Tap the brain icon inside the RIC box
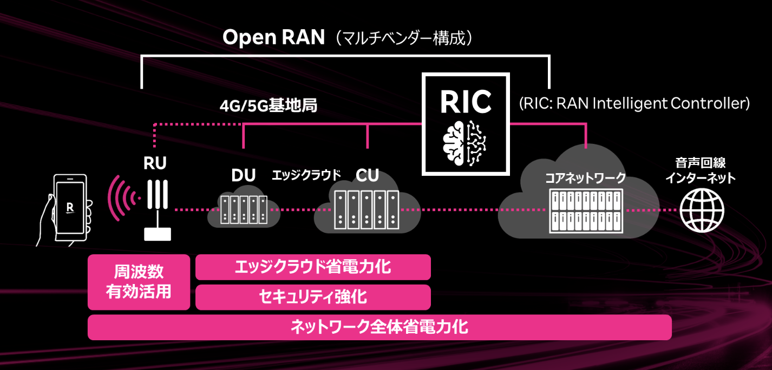(x=464, y=143)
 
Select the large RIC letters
(x=466, y=102)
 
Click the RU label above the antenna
(x=155, y=163)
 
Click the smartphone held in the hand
(x=70, y=208)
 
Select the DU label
(x=243, y=175)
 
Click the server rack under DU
(x=244, y=210)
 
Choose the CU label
(x=367, y=175)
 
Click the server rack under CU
(x=367, y=210)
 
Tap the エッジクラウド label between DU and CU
(x=306, y=175)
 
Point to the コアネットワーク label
(x=585, y=178)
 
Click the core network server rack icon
(x=586, y=210)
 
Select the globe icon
(x=702, y=210)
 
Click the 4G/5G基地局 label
(x=269, y=105)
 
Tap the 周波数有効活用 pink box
(x=139, y=282)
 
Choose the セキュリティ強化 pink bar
(x=313, y=298)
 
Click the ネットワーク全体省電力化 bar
(x=380, y=327)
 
